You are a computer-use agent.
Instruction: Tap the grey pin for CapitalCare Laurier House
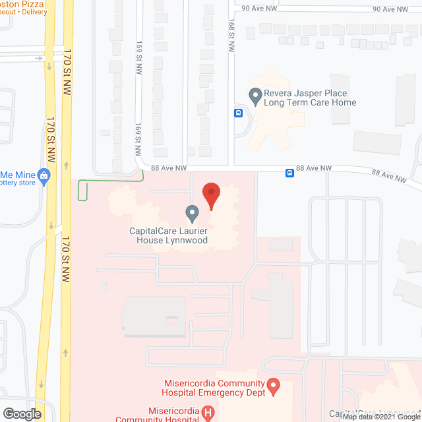(192, 213)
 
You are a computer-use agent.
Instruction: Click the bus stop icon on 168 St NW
(237, 112)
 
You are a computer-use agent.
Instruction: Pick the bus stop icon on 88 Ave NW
(289, 173)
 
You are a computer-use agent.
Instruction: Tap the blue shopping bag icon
(44, 175)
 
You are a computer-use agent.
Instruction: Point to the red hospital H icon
(208, 413)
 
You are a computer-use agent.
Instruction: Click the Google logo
(21, 413)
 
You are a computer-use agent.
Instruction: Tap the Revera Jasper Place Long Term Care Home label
(310, 98)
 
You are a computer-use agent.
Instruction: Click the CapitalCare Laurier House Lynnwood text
(168, 236)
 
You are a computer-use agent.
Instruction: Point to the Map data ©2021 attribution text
(380, 416)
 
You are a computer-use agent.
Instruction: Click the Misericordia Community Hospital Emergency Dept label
(215, 388)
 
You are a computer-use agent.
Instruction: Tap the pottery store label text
(18, 183)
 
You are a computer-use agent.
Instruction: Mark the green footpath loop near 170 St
(83, 191)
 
